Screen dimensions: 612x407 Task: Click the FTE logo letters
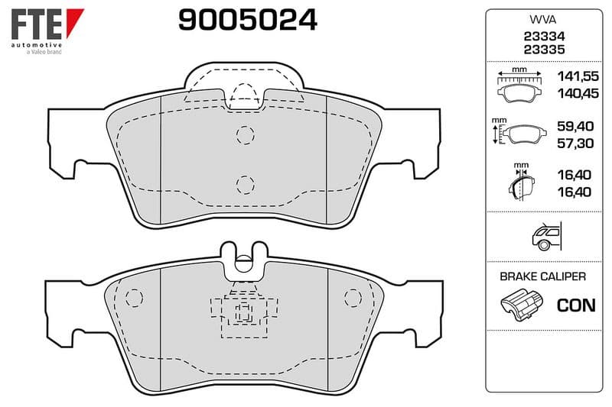click(36, 24)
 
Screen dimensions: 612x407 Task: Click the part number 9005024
click(247, 20)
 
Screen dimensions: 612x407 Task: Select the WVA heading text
click(543, 20)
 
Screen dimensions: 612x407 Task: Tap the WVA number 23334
click(544, 36)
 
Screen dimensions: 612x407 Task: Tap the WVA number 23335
click(544, 50)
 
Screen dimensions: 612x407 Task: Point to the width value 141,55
click(578, 76)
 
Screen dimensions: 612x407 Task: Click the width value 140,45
click(578, 93)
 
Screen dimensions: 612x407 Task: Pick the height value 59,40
click(575, 126)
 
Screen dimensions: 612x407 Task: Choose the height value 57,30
click(575, 143)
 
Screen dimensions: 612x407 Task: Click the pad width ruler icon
click(519, 86)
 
